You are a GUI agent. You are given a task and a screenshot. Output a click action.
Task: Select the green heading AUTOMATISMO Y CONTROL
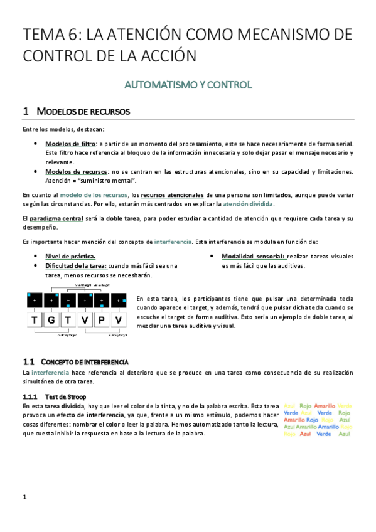pos(188,84)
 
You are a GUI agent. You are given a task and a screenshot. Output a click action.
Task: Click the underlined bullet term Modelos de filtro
pos(70,144)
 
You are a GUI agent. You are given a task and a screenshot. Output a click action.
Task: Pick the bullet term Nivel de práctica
pos(70,256)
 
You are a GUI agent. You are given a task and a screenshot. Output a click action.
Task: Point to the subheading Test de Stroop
pos(66,396)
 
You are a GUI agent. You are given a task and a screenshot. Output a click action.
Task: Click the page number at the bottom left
pos(24,497)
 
